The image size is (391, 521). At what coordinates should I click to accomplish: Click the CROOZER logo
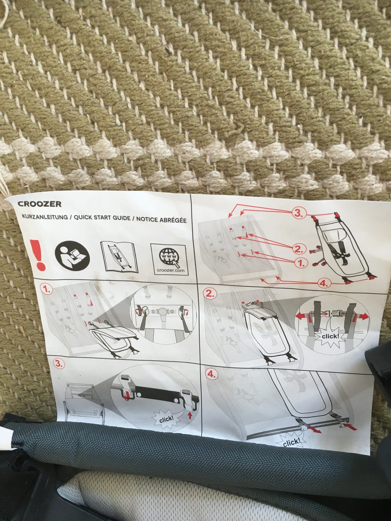click(40, 204)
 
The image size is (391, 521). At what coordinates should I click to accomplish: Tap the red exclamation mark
click(37, 255)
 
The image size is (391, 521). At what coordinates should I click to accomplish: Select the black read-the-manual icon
click(72, 256)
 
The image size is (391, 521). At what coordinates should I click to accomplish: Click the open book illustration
click(119, 257)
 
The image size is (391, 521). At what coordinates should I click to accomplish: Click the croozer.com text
click(171, 270)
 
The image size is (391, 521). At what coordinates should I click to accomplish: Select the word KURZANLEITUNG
click(45, 217)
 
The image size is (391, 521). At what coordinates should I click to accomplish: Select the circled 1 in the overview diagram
click(301, 263)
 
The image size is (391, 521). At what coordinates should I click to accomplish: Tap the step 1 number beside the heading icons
click(46, 289)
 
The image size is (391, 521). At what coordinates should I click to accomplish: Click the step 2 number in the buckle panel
click(210, 293)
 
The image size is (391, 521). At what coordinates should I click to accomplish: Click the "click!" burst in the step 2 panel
click(330, 336)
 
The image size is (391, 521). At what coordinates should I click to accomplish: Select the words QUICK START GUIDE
click(102, 218)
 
